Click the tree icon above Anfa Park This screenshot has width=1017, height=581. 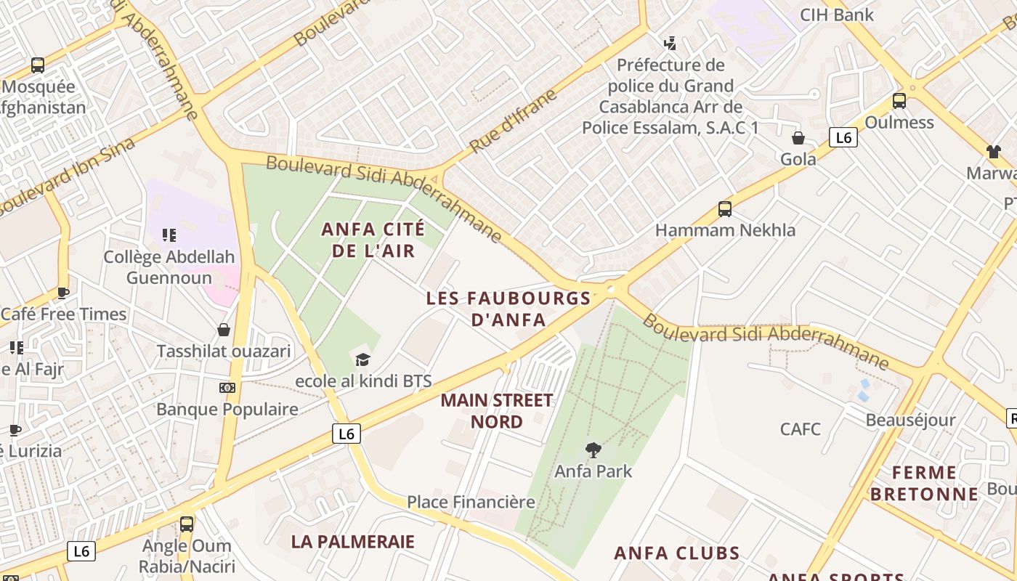coord(593,450)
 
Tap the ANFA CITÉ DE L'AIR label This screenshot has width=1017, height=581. coord(373,240)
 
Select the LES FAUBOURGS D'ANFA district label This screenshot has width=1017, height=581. coord(508,309)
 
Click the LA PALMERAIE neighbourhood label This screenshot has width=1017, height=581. coord(353,542)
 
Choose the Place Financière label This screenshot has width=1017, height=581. coord(471,502)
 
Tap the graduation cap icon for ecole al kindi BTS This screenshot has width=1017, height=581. coord(362,359)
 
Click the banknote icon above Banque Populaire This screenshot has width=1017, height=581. coord(227,388)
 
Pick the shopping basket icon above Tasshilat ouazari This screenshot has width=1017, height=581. coord(224,330)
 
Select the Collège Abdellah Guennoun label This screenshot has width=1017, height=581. coord(169,267)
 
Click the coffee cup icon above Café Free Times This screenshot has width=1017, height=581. coord(63,293)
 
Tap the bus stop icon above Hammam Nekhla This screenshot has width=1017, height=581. coord(725,209)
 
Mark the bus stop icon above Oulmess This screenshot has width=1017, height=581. coord(899,101)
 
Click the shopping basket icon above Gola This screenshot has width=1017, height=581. coord(798,138)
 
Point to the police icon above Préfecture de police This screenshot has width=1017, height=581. coord(670,44)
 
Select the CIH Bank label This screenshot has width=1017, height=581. coord(837,15)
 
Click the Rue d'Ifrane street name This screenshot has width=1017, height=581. coord(513,121)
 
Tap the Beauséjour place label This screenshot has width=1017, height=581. coord(910,420)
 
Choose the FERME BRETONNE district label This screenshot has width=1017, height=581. coord(924,484)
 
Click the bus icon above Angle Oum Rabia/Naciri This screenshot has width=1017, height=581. coord(187,524)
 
